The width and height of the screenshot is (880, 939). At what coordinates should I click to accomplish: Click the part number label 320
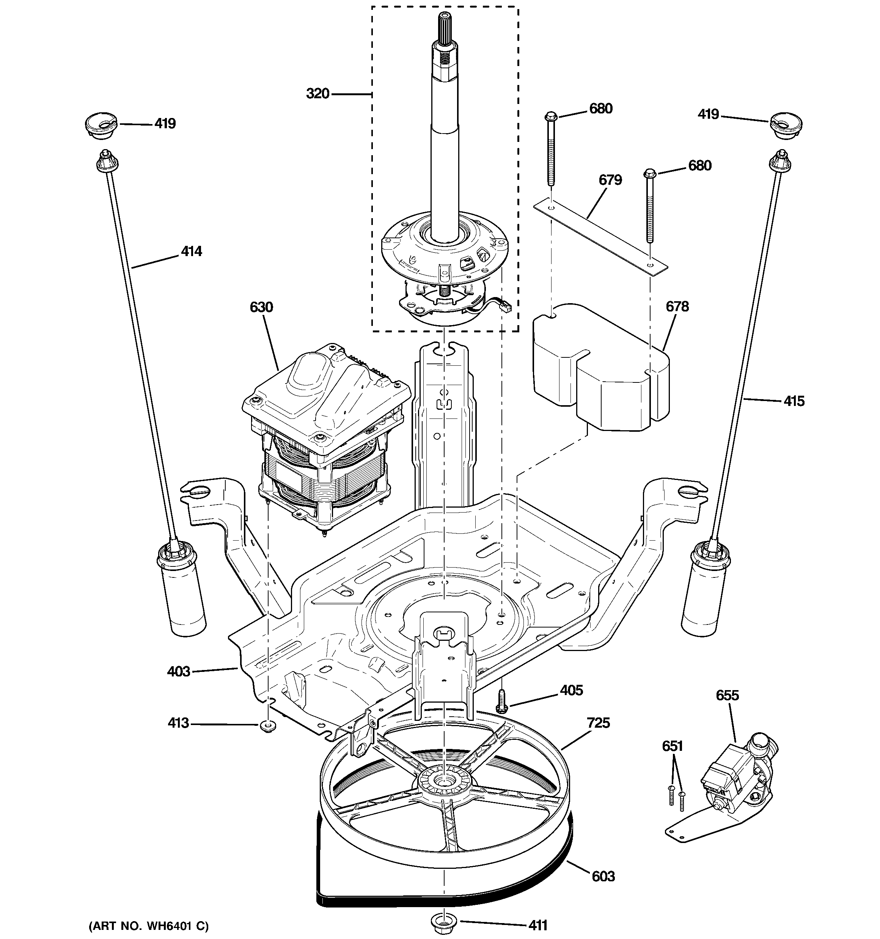[317, 94]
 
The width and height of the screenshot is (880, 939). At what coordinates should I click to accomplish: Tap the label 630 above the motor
[261, 307]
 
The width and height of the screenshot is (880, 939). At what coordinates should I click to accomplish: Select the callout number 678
[677, 307]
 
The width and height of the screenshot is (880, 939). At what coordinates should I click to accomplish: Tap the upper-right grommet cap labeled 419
[786, 124]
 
